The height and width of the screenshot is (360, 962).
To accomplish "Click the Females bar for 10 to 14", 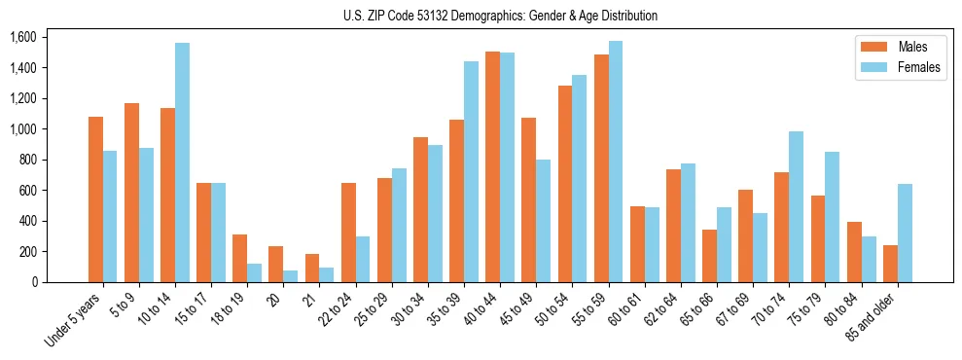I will (182, 162).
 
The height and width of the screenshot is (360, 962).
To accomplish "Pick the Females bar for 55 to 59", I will (615, 162).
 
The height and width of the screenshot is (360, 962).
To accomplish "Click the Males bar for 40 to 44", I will (492, 166).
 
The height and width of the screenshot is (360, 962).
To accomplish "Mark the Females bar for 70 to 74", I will (797, 207).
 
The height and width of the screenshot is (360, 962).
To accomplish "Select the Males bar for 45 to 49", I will (528, 199).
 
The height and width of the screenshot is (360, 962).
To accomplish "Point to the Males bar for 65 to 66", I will (709, 256).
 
